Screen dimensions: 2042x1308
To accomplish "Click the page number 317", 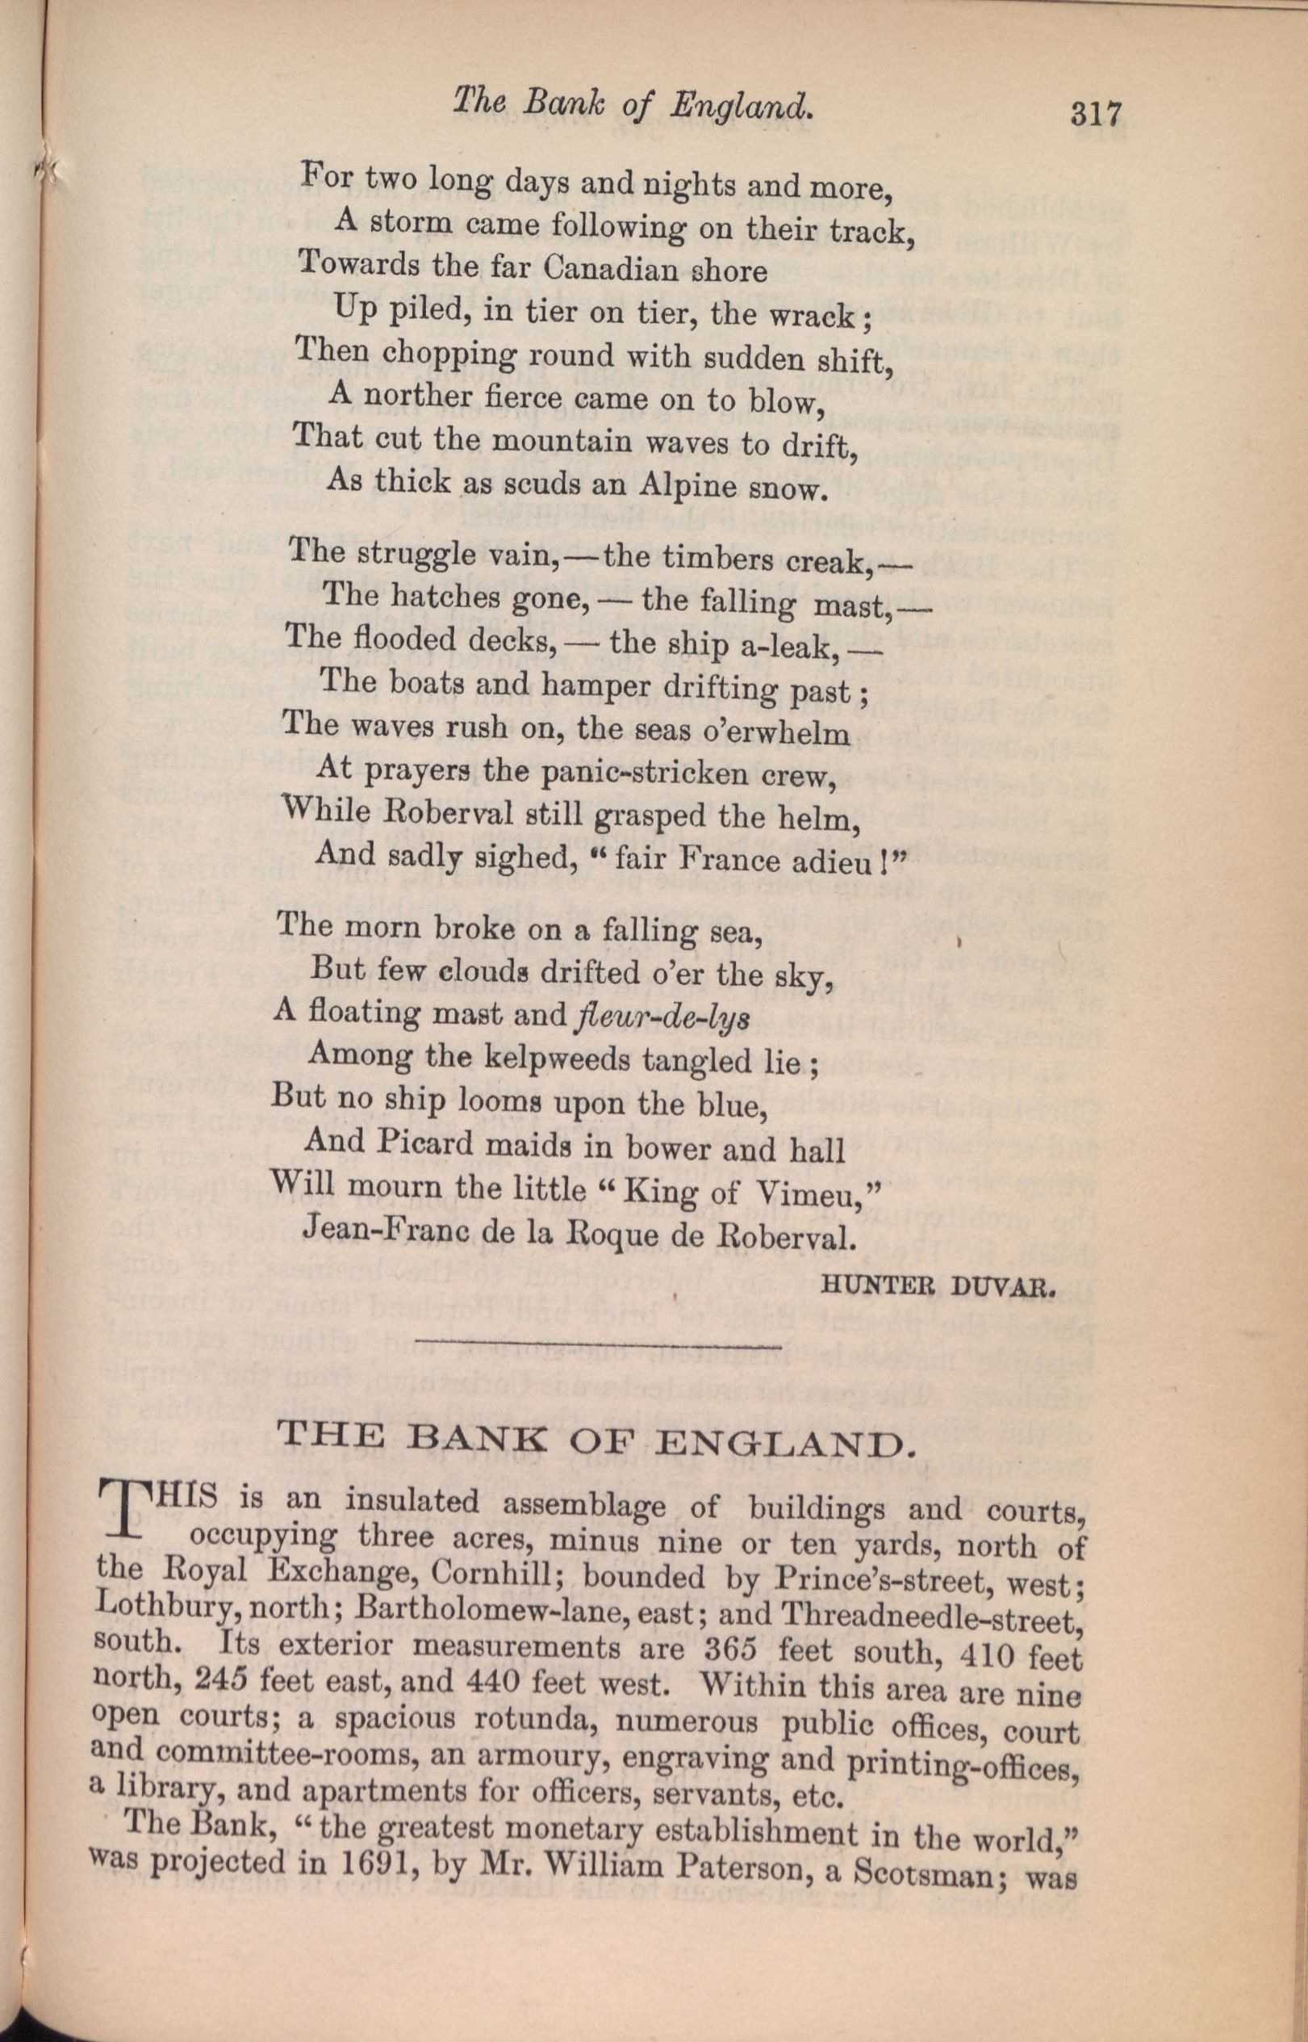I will pyautogui.click(x=1097, y=112).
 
